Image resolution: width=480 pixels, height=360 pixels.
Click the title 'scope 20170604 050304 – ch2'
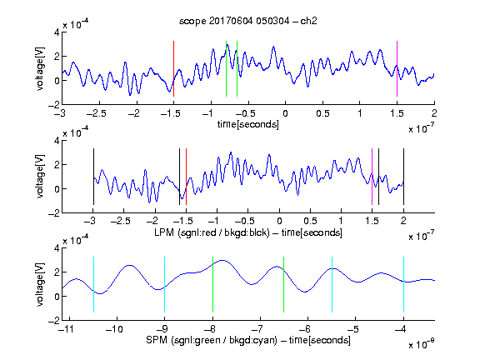[x=247, y=21]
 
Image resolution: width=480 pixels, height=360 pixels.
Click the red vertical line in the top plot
[x=173, y=68]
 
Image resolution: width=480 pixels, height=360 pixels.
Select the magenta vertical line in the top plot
[x=397, y=68]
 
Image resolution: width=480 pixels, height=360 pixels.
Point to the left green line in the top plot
[x=226, y=68]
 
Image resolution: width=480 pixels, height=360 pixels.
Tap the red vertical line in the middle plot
[x=186, y=177]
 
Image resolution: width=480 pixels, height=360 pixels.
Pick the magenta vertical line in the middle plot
[x=372, y=177]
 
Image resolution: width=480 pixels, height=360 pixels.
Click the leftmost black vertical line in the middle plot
[x=93, y=177]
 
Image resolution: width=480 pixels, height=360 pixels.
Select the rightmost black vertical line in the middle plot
[x=403, y=177]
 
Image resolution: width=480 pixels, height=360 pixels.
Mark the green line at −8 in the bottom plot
[x=212, y=285]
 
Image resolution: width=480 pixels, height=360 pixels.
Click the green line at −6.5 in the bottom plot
[x=284, y=285]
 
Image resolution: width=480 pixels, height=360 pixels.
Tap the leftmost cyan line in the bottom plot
[x=93, y=285]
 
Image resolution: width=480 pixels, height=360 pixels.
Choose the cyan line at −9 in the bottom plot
[x=165, y=285]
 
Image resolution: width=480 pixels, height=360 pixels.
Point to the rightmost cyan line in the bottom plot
[x=403, y=285]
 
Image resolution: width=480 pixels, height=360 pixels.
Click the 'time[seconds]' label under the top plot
[x=248, y=124]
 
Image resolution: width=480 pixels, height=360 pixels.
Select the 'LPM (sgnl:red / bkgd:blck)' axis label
[x=212, y=232]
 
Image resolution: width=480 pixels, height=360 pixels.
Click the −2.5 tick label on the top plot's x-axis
[x=97, y=113]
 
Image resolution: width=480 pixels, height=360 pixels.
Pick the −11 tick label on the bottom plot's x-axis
[x=66, y=329]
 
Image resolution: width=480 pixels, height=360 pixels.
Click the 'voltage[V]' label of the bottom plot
[x=40, y=284]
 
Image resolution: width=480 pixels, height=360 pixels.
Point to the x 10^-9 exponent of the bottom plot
[x=421, y=343]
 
